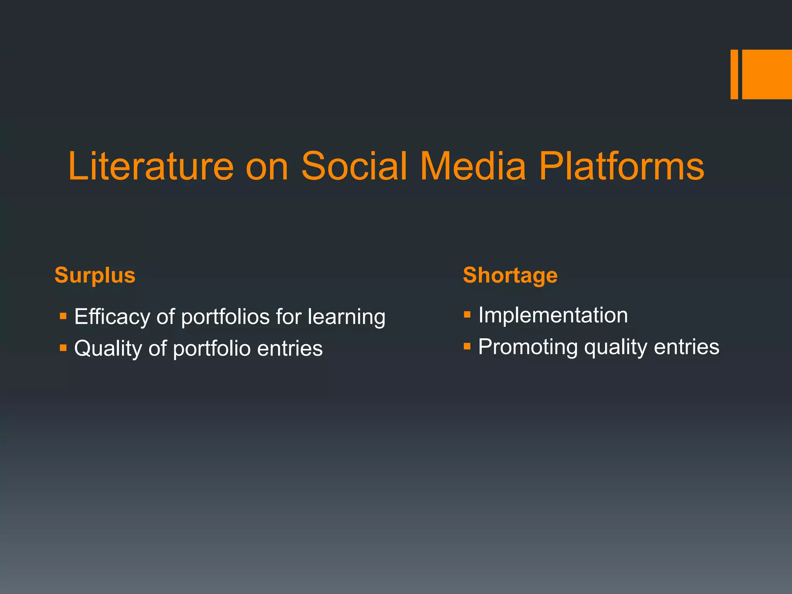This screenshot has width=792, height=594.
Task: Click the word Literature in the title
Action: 151,166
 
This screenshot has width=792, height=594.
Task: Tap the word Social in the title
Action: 354,166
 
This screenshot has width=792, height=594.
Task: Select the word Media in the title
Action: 473,166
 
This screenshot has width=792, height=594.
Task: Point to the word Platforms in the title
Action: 621,166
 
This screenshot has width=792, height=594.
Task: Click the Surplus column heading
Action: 95,275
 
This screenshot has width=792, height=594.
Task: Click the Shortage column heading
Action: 510,275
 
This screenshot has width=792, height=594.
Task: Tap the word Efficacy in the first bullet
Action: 112,317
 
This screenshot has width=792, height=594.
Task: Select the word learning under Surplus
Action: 346,317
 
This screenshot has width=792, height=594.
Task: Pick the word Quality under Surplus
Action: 108,348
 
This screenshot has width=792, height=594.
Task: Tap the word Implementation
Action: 553,315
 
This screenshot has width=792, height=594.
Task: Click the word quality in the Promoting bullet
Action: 615,347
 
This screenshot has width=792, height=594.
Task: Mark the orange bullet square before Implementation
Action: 467,314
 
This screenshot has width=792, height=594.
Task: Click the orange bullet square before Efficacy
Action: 63,316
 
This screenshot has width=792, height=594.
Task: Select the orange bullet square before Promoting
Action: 467,346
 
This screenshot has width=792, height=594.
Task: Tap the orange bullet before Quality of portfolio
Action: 63,348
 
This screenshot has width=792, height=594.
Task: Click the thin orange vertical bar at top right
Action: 734,74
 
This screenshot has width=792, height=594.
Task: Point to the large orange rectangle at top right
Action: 767,74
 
